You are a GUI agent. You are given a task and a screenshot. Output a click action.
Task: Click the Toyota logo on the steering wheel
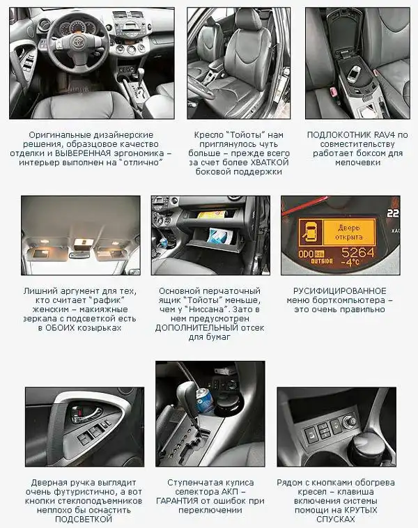[x=75, y=41]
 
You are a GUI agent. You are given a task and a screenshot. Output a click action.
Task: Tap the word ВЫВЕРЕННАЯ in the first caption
[x=83, y=153]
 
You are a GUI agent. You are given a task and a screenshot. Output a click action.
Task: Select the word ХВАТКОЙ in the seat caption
[x=270, y=162]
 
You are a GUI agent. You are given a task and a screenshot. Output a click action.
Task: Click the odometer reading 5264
[x=357, y=252]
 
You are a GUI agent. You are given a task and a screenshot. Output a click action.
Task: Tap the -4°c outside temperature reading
[x=350, y=262]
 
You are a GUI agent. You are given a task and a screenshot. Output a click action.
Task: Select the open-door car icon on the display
[x=309, y=233]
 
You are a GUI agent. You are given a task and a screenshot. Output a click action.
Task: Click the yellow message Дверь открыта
[x=349, y=233]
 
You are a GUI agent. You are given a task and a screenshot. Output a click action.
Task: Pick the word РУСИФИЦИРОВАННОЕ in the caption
[x=339, y=291]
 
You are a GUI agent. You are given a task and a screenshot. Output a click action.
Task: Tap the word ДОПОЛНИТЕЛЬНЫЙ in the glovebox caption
[x=196, y=327]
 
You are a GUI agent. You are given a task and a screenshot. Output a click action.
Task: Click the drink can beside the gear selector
[x=203, y=400]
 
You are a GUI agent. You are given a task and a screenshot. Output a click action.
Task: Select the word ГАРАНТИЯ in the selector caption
[x=178, y=501]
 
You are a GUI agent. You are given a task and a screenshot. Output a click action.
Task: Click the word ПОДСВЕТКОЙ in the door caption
[x=84, y=519]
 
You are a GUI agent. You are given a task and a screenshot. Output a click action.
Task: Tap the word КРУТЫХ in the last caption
[x=362, y=510]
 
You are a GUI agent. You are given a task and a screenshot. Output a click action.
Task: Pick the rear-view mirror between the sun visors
[x=79, y=255]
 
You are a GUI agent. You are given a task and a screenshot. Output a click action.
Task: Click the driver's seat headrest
[x=248, y=20]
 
